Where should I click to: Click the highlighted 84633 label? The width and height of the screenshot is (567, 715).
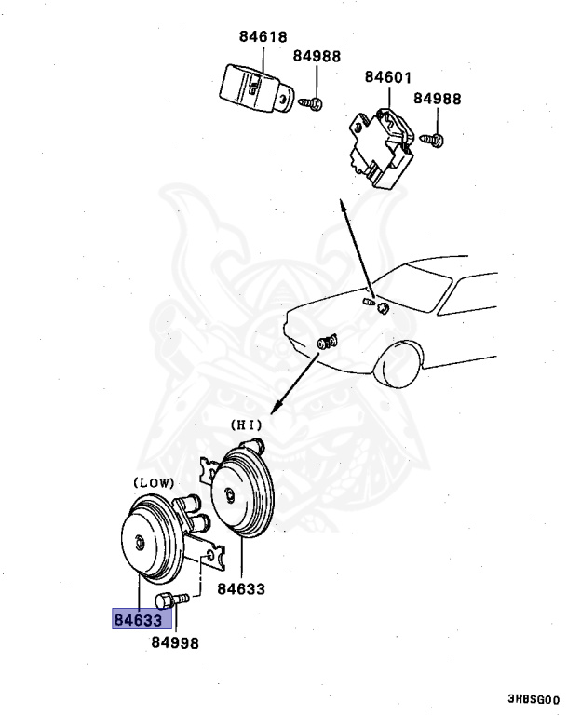pyautogui.click(x=138, y=619)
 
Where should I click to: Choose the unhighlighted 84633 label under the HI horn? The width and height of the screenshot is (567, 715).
pyautogui.click(x=241, y=588)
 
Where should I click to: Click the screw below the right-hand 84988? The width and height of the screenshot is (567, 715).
pyautogui.click(x=435, y=141)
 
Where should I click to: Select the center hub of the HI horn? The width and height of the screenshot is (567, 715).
pyautogui.click(x=228, y=493)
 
